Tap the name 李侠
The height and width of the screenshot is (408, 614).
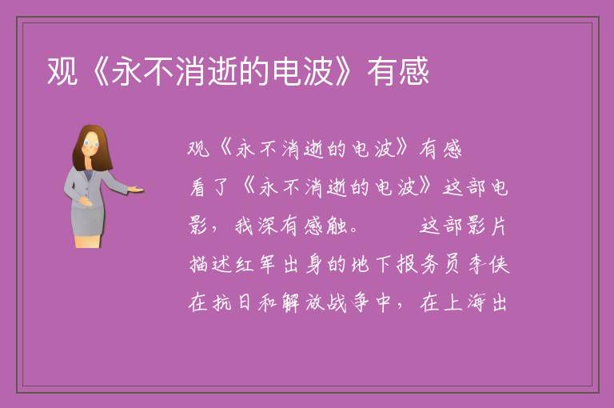(488, 265)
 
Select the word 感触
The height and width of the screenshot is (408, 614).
(326, 226)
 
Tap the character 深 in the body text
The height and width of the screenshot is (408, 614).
(268, 226)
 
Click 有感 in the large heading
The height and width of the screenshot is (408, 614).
(398, 71)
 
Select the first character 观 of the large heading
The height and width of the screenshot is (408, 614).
(62, 71)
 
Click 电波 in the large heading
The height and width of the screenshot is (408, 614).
(303, 71)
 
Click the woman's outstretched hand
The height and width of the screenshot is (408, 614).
(136, 190)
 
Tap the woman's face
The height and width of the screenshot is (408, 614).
(91, 144)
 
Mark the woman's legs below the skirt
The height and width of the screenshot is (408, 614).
(88, 241)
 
